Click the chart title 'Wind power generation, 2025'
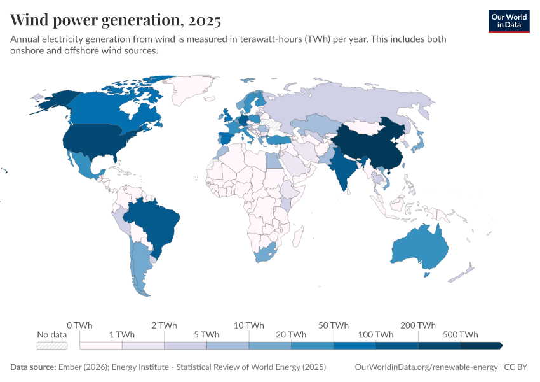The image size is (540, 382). pyautogui.click(x=116, y=20)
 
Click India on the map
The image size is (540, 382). pyautogui.click(x=343, y=169)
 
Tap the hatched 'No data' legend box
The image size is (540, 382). pyautogui.click(x=52, y=346)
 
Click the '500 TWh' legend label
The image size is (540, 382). pyautogui.click(x=461, y=335)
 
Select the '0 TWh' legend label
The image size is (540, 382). pyautogui.click(x=79, y=325)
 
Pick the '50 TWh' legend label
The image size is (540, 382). pyautogui.click(x=334, y=325)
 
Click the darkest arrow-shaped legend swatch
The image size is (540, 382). pyautogui.click(x=481, y=346)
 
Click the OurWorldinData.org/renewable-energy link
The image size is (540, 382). pyautogui.click(x=426, y=367)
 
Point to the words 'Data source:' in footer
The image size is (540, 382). pyautogui.click(x=33, y=367)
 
